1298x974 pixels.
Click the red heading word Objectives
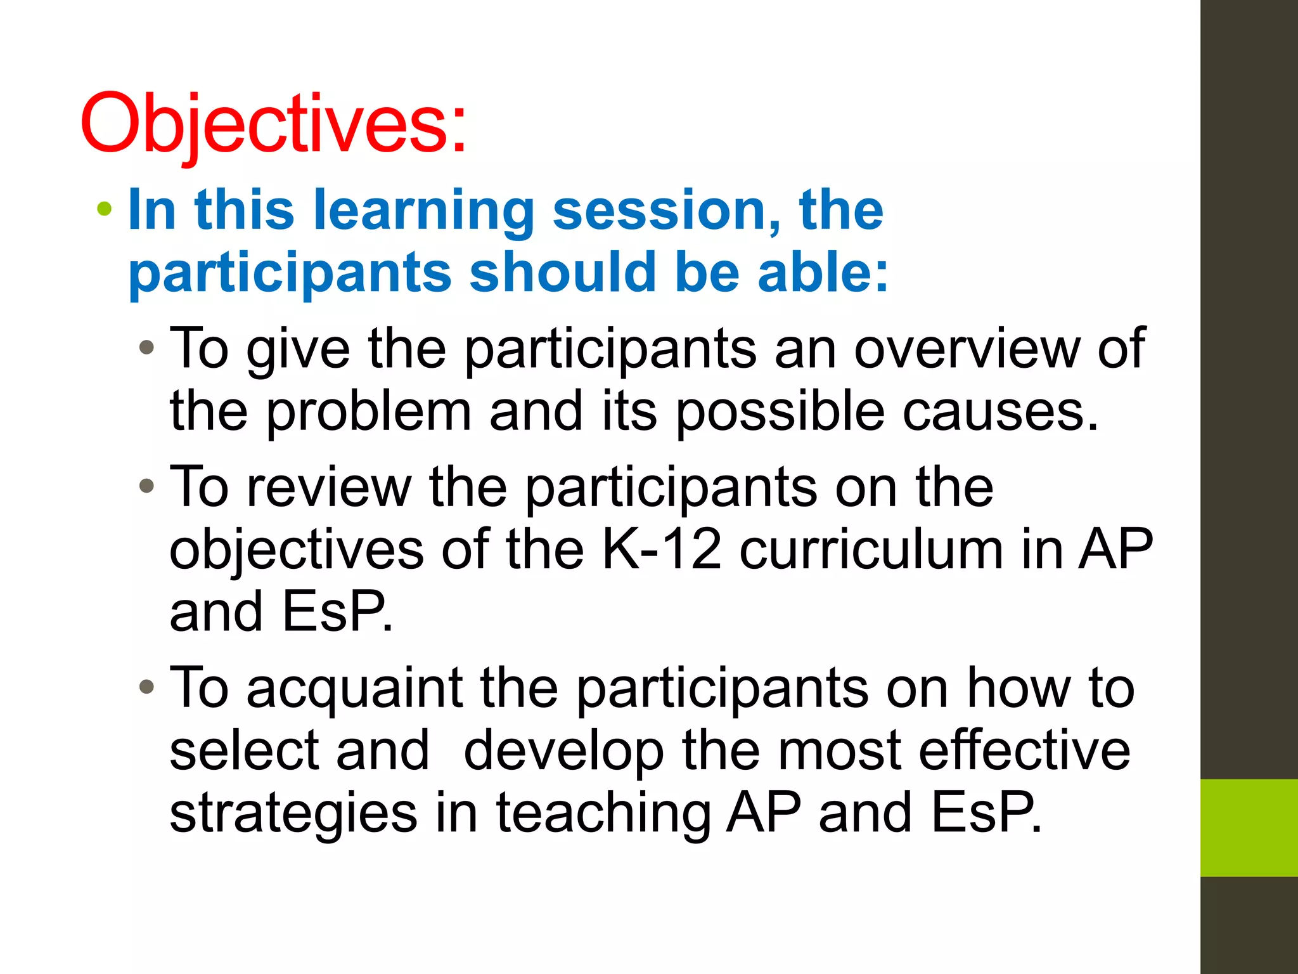(x=273, y=124)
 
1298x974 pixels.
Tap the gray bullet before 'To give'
(x=146, y=347)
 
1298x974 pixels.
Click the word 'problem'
(x=368, y=412)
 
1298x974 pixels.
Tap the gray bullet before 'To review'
(x=146, y=486)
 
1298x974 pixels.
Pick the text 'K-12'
(x=661, y=549)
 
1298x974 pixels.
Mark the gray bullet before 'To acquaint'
(x=146, y=687)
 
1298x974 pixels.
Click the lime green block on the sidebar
(x=1249, y=828)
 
